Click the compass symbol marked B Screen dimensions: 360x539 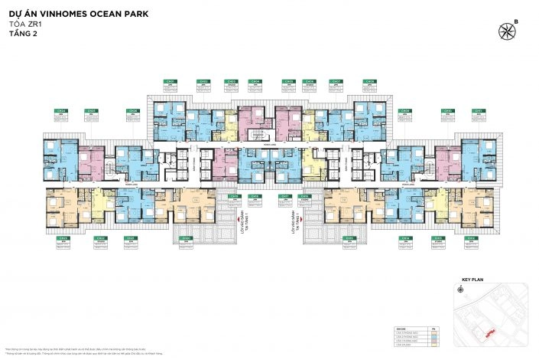tap(506, 31)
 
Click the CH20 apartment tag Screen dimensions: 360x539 tap(186, 238)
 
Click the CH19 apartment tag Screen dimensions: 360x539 tap(235, 196)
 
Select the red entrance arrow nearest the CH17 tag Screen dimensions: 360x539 tap(303, 219)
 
